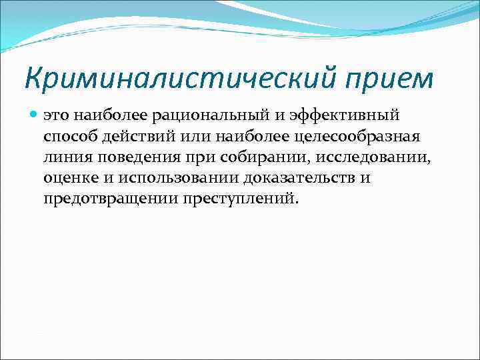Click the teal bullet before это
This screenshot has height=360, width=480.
34,115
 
